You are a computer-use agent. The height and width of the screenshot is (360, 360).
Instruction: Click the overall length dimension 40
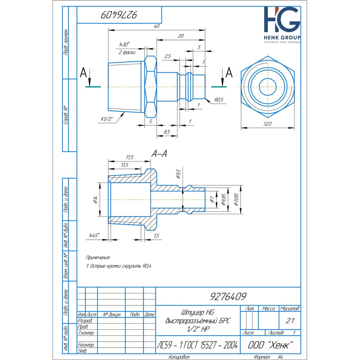pos(156,26)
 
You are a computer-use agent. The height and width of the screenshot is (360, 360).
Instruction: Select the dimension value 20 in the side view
pos(181,36)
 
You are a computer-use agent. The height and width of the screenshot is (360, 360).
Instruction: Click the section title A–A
pos(159,154)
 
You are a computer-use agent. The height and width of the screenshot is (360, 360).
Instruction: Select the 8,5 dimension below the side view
pos(167,132)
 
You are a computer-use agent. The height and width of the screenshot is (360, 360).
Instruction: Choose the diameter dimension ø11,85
pos(236,199)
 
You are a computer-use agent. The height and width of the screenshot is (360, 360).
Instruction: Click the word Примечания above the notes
pos(98,258)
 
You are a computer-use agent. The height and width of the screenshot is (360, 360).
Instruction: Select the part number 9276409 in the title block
pos(228,296)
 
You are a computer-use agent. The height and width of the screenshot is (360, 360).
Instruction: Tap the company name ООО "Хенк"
pos(269,345)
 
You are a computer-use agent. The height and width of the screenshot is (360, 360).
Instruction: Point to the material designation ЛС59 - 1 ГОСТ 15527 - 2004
pos(197,345)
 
